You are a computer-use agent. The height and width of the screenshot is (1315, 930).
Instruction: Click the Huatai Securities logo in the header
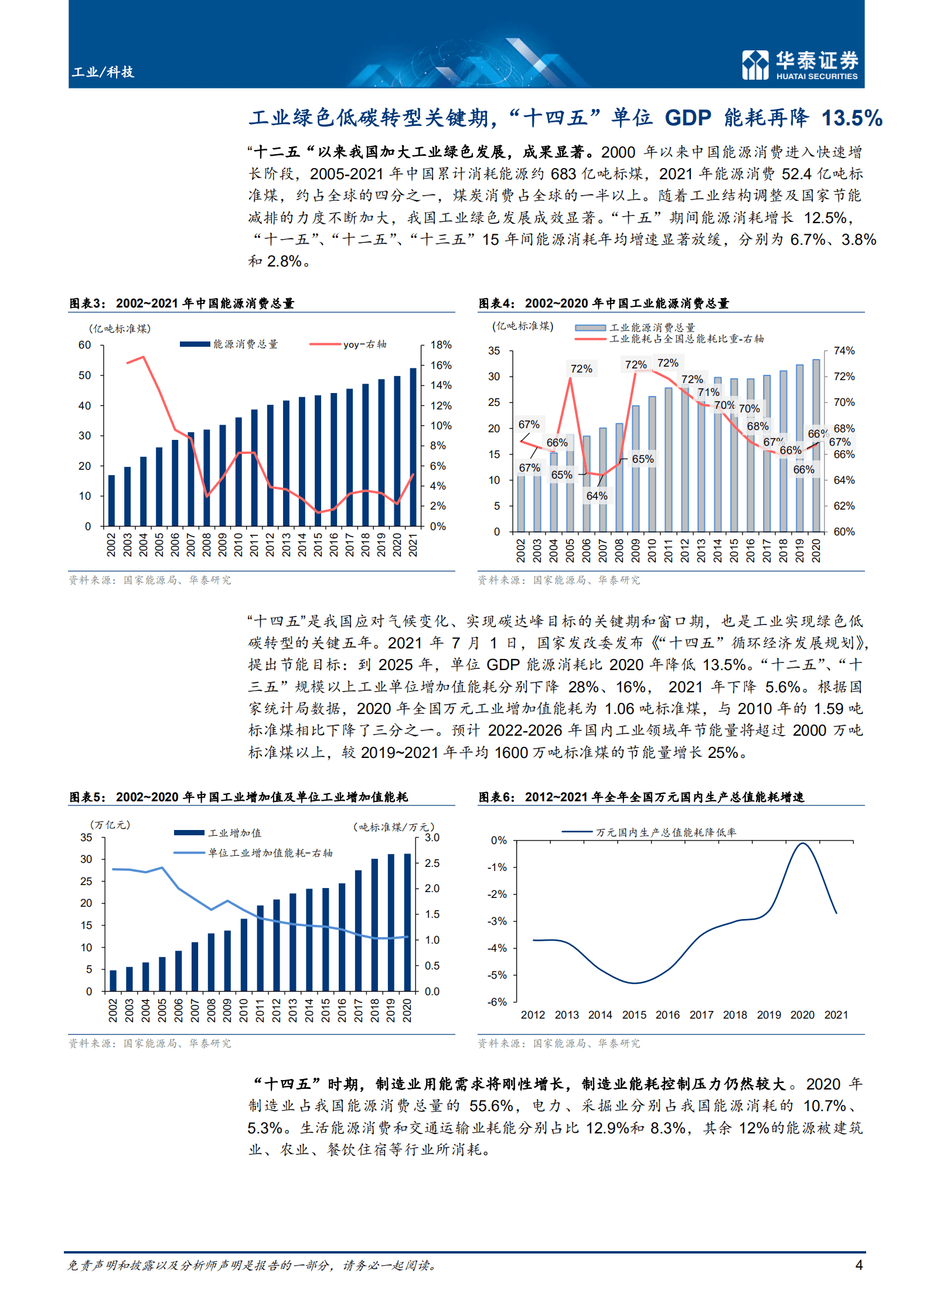800,64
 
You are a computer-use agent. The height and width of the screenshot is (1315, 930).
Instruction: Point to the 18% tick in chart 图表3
440,345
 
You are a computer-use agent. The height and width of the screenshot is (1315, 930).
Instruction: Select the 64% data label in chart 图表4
597,496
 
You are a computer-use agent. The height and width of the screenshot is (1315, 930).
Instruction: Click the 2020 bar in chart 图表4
816,445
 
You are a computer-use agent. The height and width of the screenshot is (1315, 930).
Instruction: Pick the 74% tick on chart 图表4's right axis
844,351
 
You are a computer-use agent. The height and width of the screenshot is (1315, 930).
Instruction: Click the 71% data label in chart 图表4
708,392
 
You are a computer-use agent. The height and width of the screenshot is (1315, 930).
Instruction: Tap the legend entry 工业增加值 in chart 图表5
234,833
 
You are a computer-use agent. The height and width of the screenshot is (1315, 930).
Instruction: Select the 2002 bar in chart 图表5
113,981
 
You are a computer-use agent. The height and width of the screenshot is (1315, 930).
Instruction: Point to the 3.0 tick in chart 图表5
432,838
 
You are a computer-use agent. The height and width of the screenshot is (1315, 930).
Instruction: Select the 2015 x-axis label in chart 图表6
634,1015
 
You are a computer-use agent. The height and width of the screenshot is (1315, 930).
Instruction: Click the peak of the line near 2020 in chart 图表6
803,843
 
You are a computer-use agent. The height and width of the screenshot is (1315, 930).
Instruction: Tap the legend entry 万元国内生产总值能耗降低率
666,832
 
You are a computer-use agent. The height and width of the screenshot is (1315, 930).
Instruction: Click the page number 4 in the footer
859,1265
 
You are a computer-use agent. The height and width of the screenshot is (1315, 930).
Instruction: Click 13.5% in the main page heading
851,118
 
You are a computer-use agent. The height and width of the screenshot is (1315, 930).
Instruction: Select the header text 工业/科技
103,72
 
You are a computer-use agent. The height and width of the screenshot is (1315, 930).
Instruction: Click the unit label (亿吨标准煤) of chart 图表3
120,329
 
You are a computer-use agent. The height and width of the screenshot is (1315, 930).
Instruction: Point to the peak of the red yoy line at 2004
144,357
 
